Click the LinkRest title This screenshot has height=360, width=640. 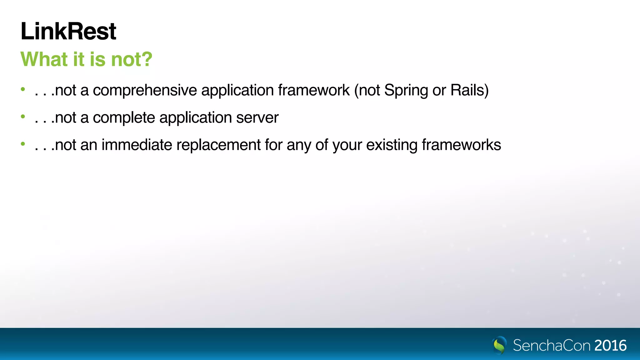(68, 31)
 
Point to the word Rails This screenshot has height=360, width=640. (467, 90)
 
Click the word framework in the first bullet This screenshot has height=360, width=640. (314, 90)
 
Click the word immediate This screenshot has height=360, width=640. (137, 145)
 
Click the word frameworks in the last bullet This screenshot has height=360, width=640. (461, 145)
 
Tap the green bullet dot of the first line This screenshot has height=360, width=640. (23, 89)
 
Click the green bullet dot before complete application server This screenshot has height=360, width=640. (23, 117)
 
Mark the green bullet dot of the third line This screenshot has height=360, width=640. (23, 144)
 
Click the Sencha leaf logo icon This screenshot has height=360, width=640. (499, 345)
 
